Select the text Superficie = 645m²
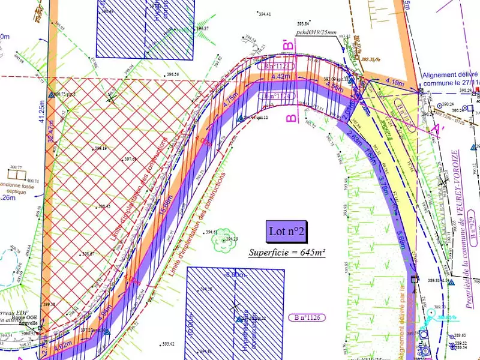point(287,253)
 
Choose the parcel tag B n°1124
point(277,95)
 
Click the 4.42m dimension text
point(281,77)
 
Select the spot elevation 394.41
point(264,14)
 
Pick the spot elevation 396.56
point(173,74)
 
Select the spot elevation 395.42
point(169,344)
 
